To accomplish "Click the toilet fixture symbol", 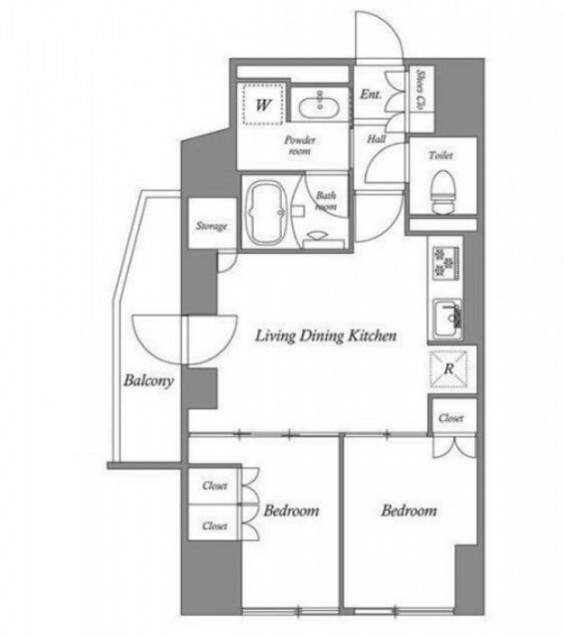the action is [442, 192].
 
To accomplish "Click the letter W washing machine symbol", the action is [263, 105].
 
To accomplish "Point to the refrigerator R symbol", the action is [448, 369].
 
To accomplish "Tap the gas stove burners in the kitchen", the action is [445, 262].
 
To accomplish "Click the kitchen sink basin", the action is [446, 319].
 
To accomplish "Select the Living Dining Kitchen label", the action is [325, 336].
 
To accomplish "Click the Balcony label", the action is [148, 381].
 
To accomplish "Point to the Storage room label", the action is [211, 226].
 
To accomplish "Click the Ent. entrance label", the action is [371, 95].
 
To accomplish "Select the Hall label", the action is [376, 139].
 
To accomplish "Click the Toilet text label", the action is [440, 155].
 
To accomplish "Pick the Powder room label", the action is [300, 145].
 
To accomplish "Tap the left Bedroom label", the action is [291, 511].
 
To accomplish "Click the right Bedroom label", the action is [409, 511].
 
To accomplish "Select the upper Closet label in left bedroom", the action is [214, 486].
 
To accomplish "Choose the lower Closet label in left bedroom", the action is [214, 527].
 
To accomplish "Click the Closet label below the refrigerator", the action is [451, 418].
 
